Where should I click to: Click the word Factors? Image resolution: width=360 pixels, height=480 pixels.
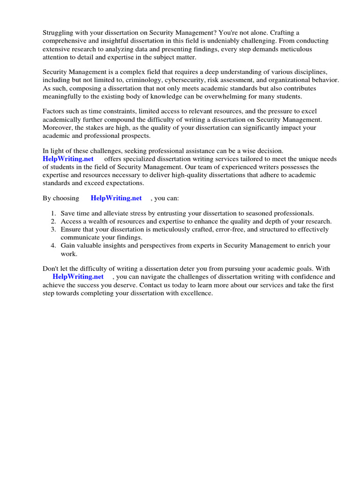[x=54, y=112]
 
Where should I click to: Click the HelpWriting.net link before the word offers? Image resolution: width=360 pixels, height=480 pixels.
[x=68, y=159]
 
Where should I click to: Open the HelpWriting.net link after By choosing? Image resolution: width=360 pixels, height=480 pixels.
[x=116, y=198]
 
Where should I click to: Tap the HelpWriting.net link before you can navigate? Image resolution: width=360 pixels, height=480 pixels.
[x=78, y=277]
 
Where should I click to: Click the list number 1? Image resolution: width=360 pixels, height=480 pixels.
[x=54, y=214]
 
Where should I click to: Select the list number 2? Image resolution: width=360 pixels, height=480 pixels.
[x=54, y=222]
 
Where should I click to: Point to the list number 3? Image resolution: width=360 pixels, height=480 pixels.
[x=54, y=230]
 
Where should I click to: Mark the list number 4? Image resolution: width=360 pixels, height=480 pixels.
[x=54, y=246]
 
